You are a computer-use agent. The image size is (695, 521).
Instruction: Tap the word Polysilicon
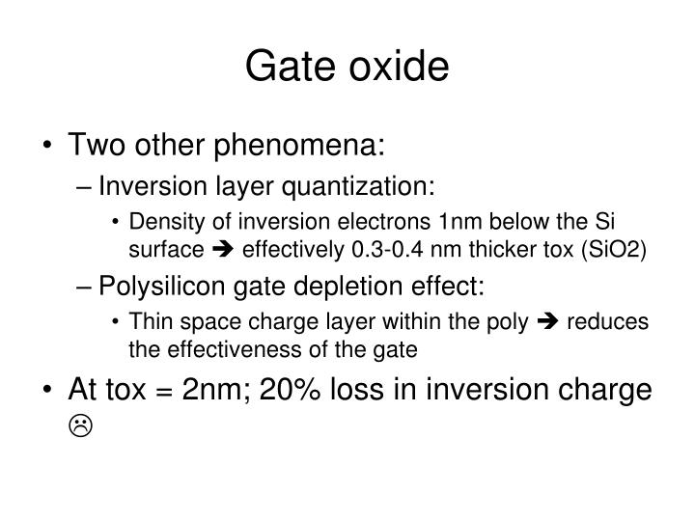(x=153, y=287)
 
